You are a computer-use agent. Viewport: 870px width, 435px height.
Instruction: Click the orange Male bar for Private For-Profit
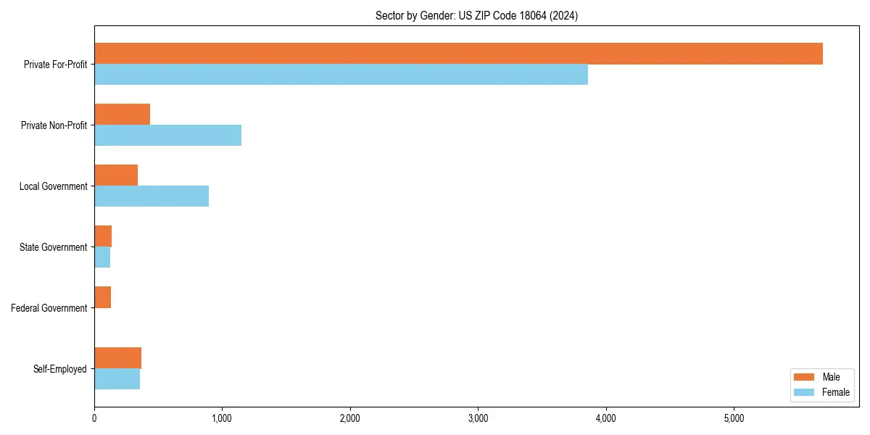[x=458, y=54]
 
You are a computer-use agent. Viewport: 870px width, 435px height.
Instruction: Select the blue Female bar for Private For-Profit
[x=341, y=75]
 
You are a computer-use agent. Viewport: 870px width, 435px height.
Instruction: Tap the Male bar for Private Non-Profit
[x=122, y=115]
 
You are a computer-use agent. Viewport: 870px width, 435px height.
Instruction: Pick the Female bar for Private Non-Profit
[x=167, y=136]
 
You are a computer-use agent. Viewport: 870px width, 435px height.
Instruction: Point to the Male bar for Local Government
[x=116, y=175]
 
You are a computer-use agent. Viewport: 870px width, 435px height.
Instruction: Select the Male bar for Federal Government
[x=102, y=297]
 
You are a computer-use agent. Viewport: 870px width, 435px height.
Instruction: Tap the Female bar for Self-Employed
[x=117, y=379]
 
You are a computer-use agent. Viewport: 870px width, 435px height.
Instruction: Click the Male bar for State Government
[x=103, y=236]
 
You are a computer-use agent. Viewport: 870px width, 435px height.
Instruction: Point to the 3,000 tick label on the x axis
[x=478, y=418]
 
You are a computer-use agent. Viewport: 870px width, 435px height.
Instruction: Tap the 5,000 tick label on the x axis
[x=734, y=418]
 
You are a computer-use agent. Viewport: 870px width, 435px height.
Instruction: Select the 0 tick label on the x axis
[x=94, y=418]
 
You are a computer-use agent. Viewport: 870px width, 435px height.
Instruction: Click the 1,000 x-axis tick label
[x=222, y=418]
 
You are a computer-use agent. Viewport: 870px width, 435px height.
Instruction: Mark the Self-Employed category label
[x=59, y=369]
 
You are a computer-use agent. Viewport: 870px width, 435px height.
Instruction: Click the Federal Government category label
[x=49, y=308]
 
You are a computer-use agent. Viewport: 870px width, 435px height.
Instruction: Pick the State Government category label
[x=53, y=247]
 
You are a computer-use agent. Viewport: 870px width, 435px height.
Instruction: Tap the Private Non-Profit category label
[x=54, y=125]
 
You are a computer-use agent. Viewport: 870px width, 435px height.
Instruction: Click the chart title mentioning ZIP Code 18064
[x=476, y=15]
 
